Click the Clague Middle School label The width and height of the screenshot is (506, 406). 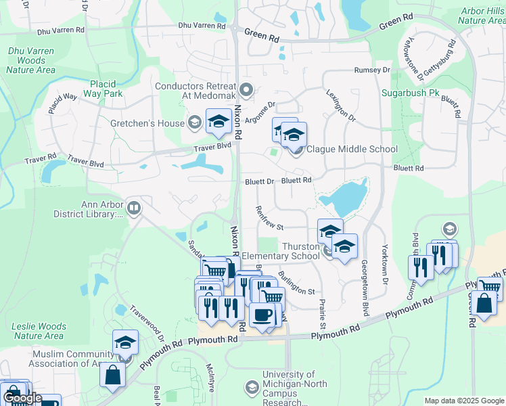click(352, 150)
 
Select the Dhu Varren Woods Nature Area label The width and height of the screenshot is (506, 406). click(30, 60)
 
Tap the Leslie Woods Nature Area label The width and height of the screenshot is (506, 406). click(39, 331)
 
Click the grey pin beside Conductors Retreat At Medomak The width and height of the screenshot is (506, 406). click(246, 88)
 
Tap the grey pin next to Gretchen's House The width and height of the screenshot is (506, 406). click(195, 122)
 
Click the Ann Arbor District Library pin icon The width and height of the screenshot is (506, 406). click(134, 208)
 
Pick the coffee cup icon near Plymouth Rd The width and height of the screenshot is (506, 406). click(262, 314)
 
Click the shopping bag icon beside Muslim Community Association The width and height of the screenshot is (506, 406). click(112, 374)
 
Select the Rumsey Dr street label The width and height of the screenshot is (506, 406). click(373, 70)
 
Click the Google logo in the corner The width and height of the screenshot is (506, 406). click(22, 399)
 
